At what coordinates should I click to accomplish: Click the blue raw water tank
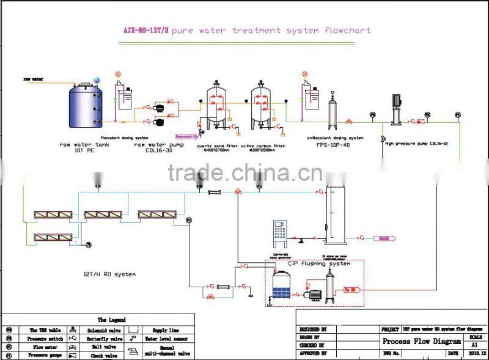click(84, 106)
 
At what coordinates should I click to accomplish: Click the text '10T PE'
click(84, 150)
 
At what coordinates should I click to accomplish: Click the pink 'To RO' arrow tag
click(354, 290)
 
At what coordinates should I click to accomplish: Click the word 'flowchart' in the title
click(349, 30)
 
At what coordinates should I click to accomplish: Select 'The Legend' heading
click(111, 320)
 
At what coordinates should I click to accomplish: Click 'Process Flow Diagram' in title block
click(422, 342)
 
